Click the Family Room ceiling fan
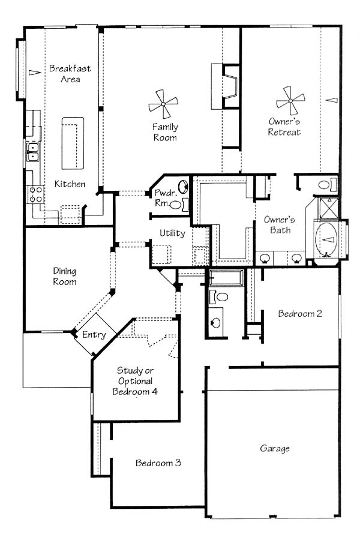pyautogui.click(x=163, y=104)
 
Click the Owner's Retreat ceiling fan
pyautogui.click(x=290, y=101)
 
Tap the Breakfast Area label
pyautogui.click(x=70, y=73)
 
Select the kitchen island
pyautogui.click(x=73, y=143)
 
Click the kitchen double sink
pyautogui.click(x=34, y=152)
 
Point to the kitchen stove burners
pyautogui.click(x=35, y=194)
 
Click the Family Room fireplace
pyautogui.click(x=225, y=86)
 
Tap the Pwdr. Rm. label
pyautogui.click(x=162, y=197)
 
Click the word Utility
pyautogui.click(x=172, y=233)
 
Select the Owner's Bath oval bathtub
pyautogui.click(x=326, y=239)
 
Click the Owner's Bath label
pyautogui.click(x=279, y=224)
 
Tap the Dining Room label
pyautogui.click(x=64, y=276)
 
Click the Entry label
pyautogui.click(x=94, y=335)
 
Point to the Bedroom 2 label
pyautogui.click(x=300, y=313)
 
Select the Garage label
pyautogui.click(x=275, y=449)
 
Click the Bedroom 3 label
pyautogui.click(x=158, y=463)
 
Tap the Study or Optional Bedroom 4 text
pyautogui.click(x=135, y=381)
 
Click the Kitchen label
pyautogui.click(x=70, y=184)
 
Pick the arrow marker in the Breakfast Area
pyautogui.click(x=35, y=73)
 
